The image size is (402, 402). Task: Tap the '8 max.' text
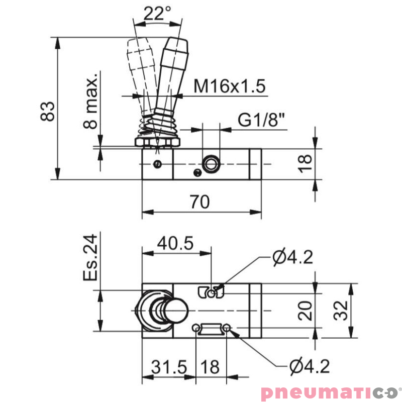[x=90, y=103]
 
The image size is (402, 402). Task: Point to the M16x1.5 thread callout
[x=229, y=86]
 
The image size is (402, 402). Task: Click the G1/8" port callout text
[x=261, y=121]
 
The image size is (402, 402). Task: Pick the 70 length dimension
[x=200, y=202]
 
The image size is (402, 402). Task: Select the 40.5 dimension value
[x=175, y=243]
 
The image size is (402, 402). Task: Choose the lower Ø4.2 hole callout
[x=309, y=367]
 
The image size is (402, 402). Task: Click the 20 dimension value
[x=306, y=310]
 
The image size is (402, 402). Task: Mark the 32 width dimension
[x=342, y=310]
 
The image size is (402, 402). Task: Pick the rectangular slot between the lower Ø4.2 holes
[x=211, y=329]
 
